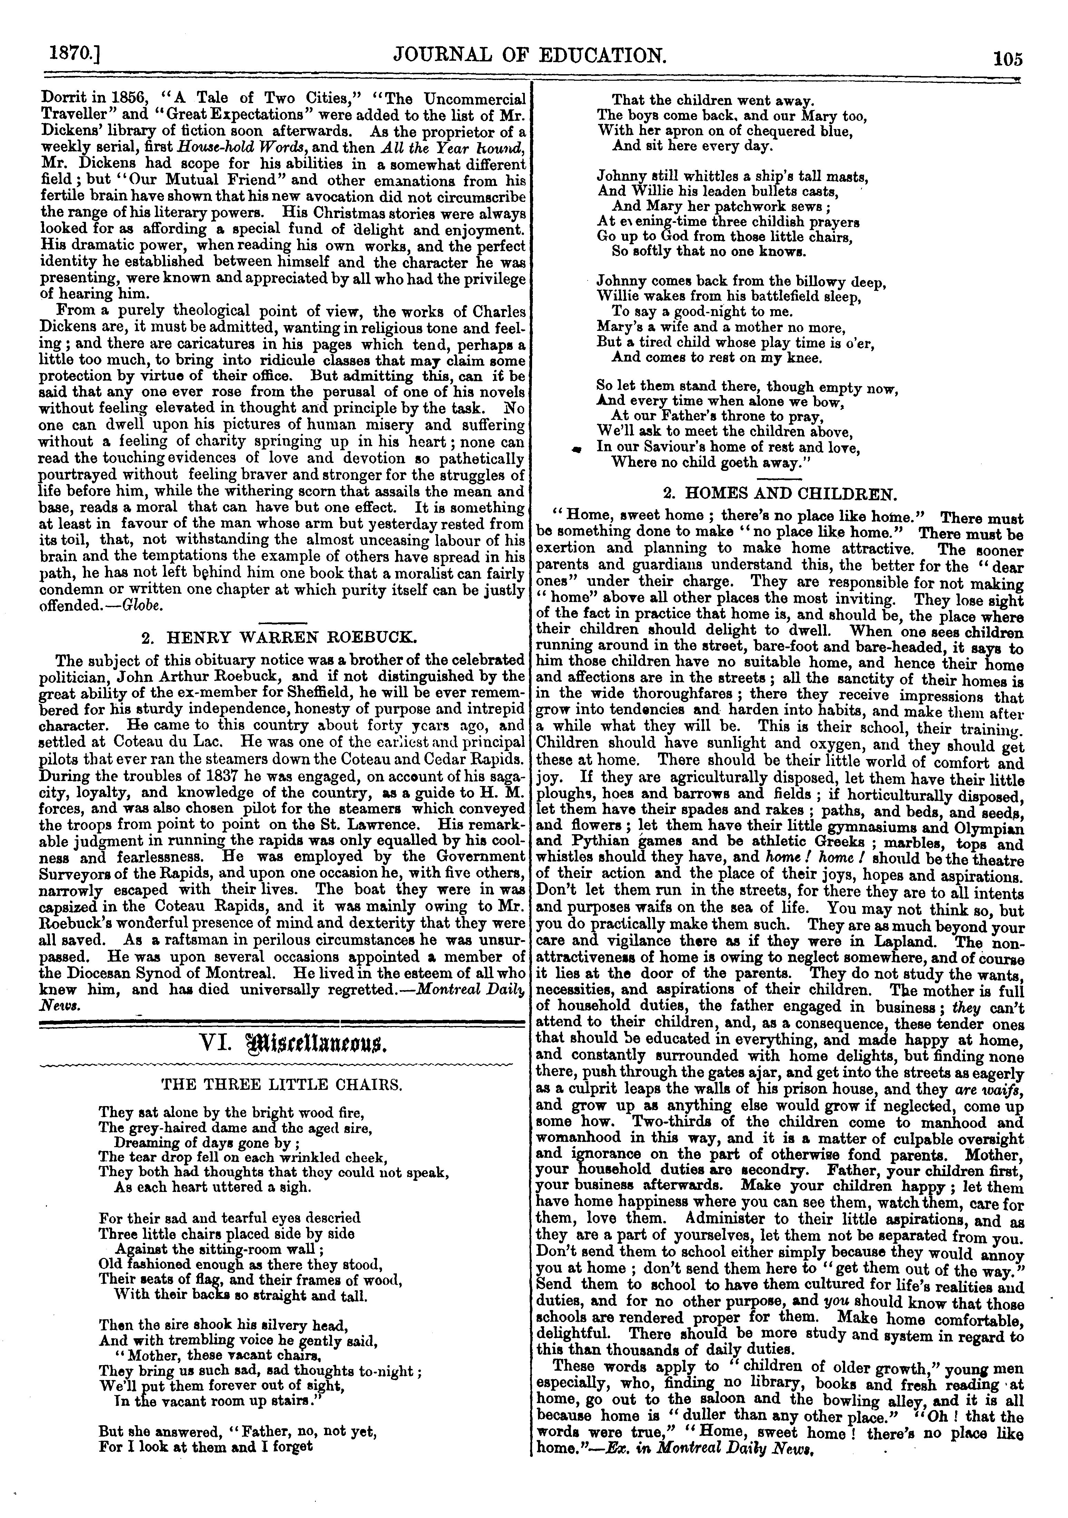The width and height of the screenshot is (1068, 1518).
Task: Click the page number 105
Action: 1007,59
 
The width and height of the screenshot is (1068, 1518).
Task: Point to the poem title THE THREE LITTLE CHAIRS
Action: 282,1084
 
